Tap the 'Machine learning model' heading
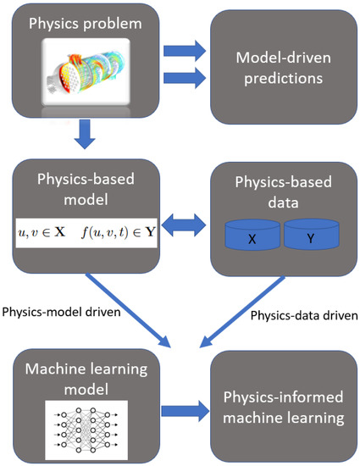pos(85,373)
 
